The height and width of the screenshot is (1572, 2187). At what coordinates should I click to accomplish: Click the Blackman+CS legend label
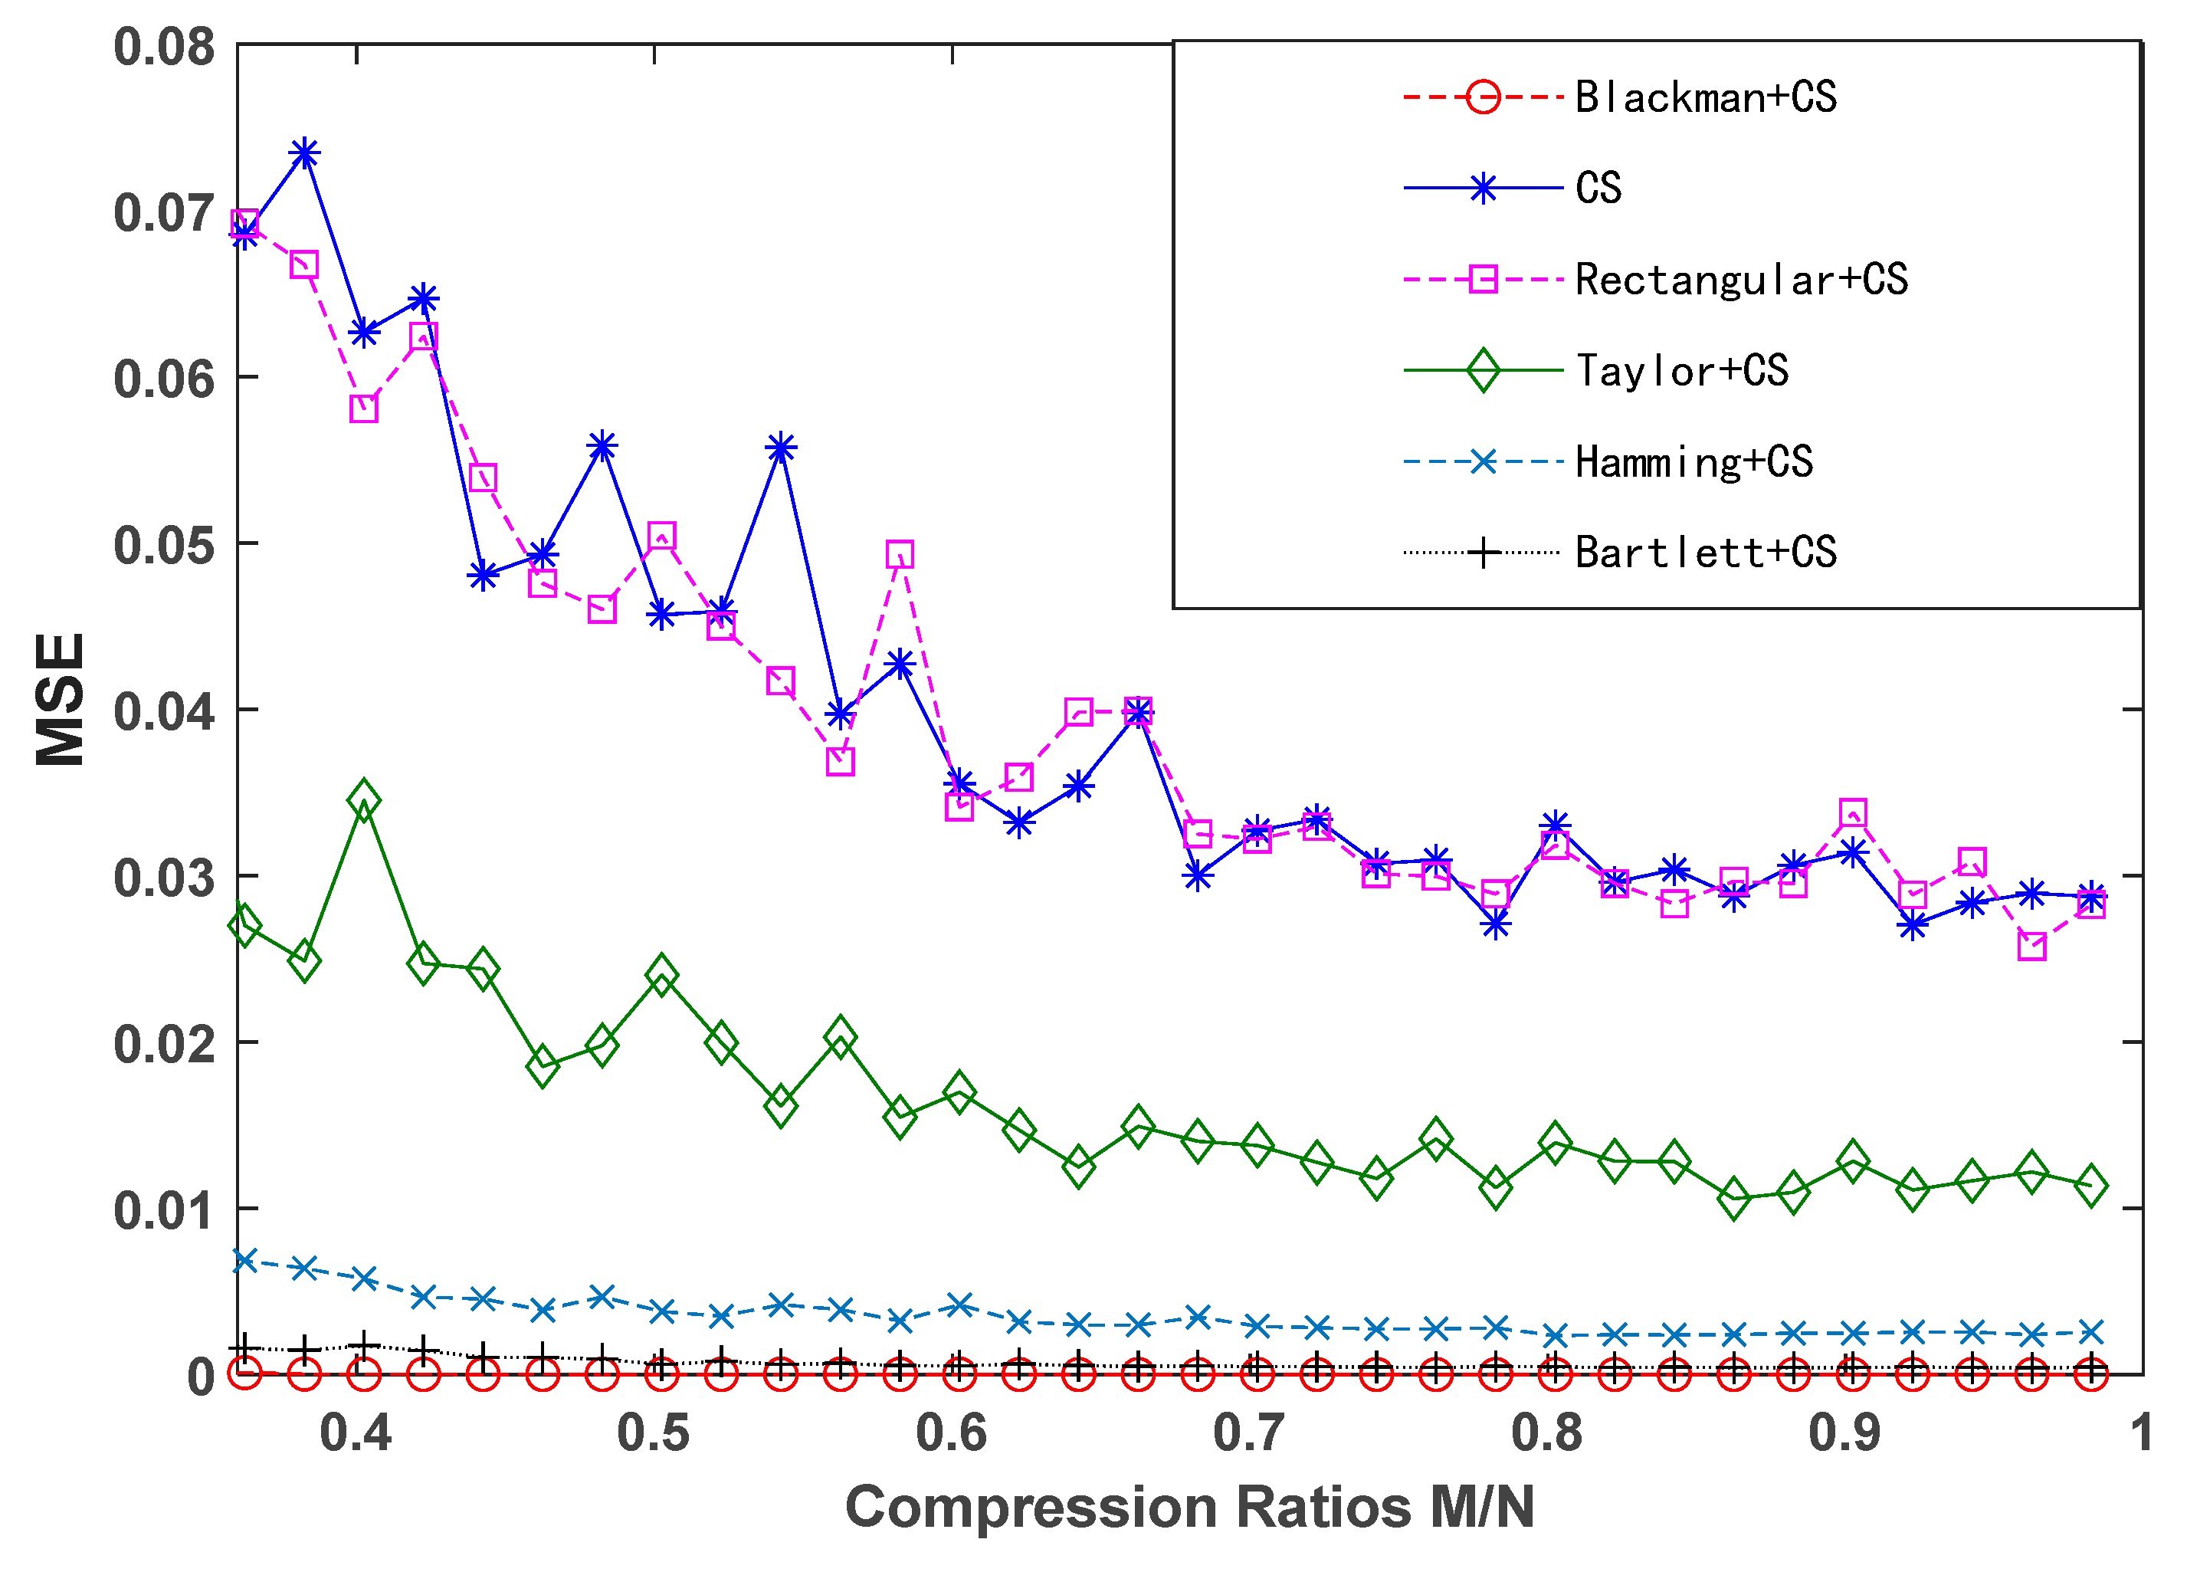click(x=1705, y=97)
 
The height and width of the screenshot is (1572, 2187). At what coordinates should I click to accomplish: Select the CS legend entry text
click(x=1598, y=188)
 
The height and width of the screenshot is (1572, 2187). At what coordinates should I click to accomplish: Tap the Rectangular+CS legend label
click(x=1740, y=280)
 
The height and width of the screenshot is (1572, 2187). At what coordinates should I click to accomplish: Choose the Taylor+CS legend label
click(x=1682, y=370)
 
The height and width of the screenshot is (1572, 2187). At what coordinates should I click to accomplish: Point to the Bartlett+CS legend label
click(x=1705, y=553)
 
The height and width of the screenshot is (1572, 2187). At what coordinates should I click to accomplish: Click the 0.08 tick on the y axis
click(x=164, y=46)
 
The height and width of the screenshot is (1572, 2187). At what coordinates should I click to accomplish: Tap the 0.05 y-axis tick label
click(x=164, y=545)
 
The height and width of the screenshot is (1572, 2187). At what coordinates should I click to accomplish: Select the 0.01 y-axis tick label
click(x=164, y=1210)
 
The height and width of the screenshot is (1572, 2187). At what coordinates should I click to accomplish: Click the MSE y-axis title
click(x=60, y=699)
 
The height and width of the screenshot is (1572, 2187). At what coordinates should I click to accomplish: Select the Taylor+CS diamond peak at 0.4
click(x=363, y=800)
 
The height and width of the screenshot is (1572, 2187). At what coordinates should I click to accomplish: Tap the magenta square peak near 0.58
click(x=899, y=555)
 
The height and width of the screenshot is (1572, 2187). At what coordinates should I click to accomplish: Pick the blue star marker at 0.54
click(x=780, y=448)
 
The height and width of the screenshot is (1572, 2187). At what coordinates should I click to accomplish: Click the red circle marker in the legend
click(x=1482, y=97)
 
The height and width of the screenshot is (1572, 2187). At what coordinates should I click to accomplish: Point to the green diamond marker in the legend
click(x=1482, y=370)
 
